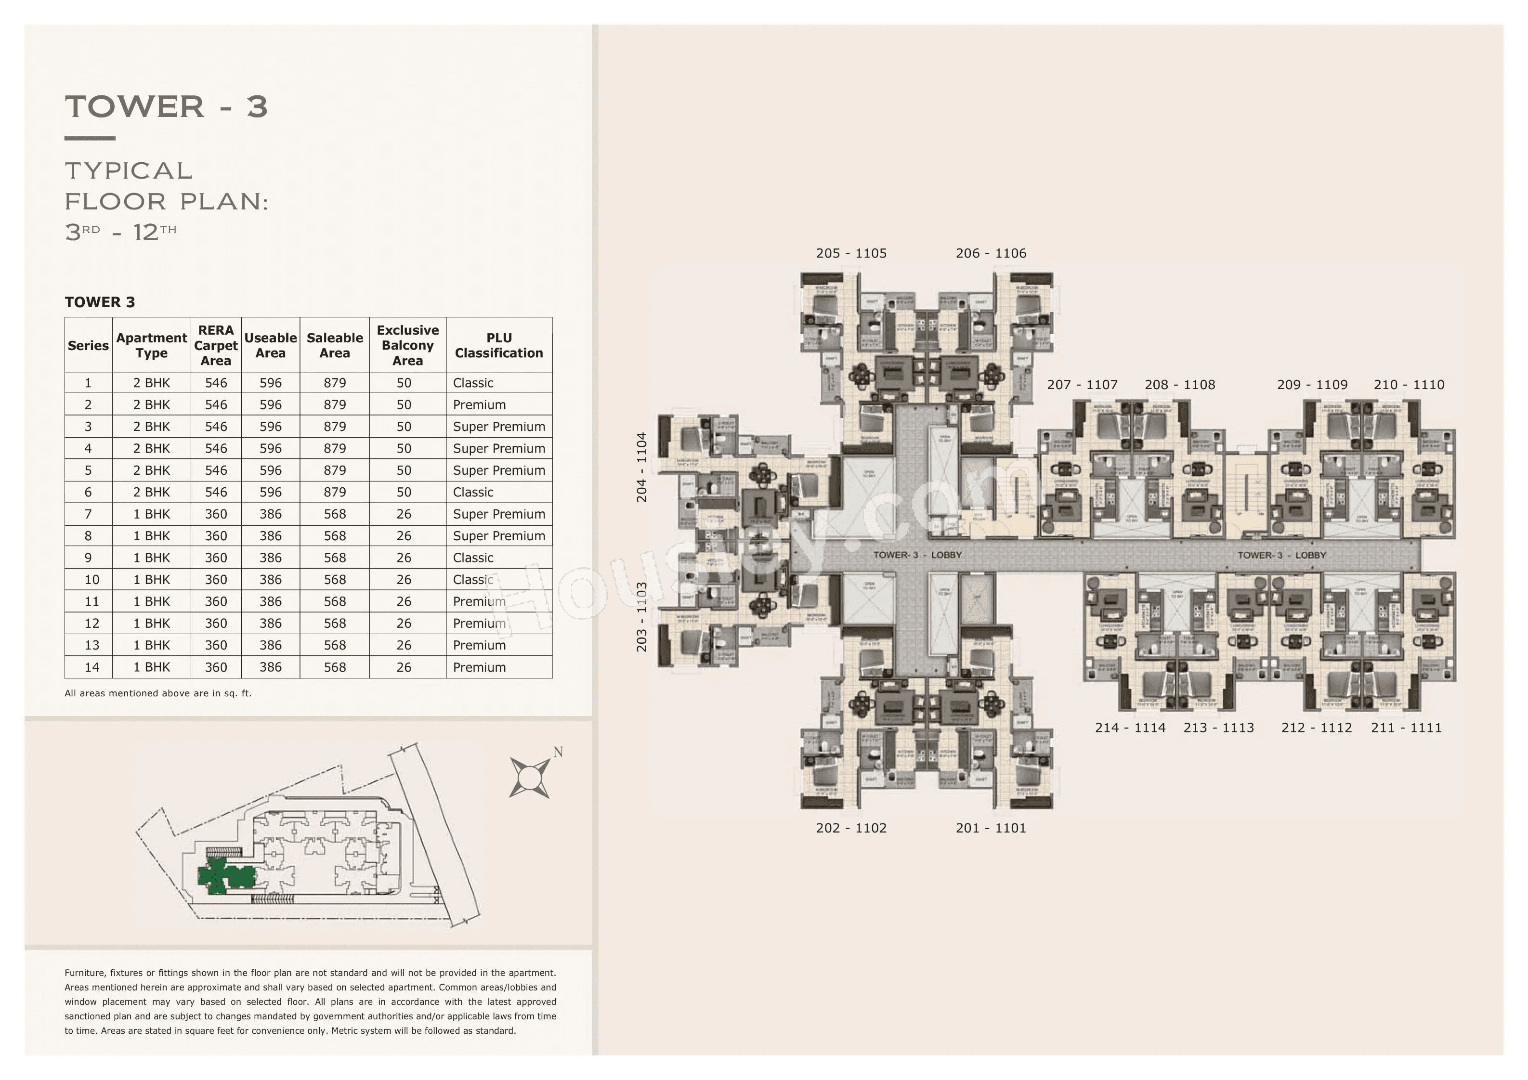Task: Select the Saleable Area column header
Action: [x=334, y=345]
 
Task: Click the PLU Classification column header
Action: [x=498, y=345]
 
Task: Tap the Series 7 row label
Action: [x=88, y=514]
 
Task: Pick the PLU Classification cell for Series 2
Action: [x=479, y=404]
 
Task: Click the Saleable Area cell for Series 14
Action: [x=334, y=667]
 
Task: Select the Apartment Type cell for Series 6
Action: [x=151, y=492]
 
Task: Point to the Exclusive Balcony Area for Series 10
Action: [x=404, y=580]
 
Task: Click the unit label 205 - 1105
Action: [x=851, y=254]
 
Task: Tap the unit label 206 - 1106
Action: [x=991, y=254]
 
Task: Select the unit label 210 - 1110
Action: [x=1409, y=385]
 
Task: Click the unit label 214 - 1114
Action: [x=1130, y=728]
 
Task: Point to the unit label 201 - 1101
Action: [x=991, y=829]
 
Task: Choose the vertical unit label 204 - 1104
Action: [x=641, y=467]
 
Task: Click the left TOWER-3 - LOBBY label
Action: [x=917, y=555]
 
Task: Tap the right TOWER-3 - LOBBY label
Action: [x=1282, y=555]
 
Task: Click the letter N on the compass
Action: [x=558, y=753]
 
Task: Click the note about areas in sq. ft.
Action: [x=158, y=693]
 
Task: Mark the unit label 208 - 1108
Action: [x=1179, y=385]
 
